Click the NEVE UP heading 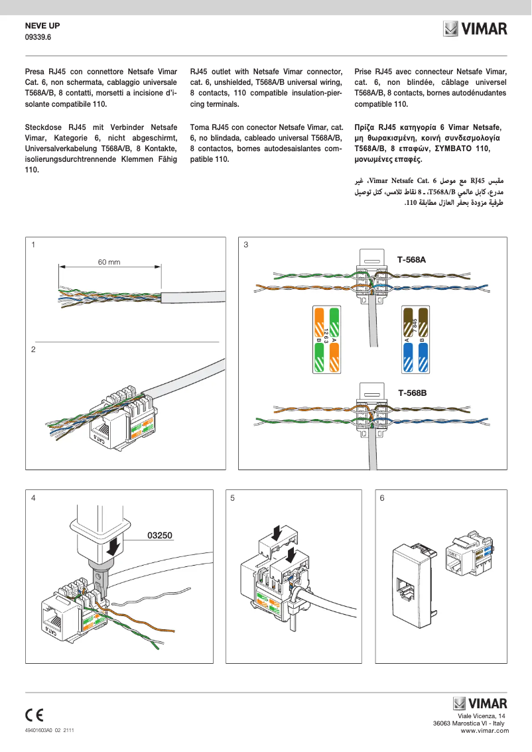42,25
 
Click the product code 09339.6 38,37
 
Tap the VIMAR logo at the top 475,29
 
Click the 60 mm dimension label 109,263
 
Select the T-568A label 411,260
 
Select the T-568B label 412,393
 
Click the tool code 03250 159,534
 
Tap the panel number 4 33,497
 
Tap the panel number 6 382,497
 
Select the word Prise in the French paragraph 364,71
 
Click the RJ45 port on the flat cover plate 405,587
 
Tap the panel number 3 246,245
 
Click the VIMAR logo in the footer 480,703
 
